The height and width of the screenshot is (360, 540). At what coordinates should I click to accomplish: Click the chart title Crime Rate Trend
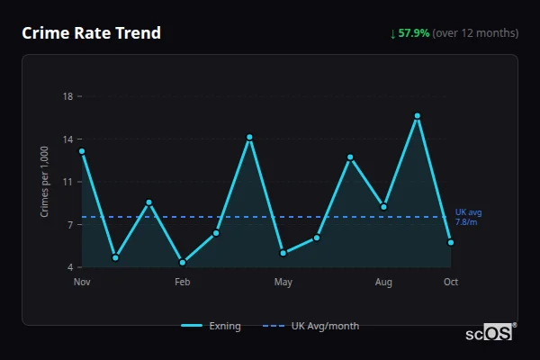click(x=91, y=33)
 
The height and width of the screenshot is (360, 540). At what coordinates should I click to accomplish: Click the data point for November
click(x=82, y=151)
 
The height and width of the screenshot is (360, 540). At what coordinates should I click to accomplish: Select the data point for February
click(x=183, y=262)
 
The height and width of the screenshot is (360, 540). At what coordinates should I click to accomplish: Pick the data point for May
click(x=283, y=253)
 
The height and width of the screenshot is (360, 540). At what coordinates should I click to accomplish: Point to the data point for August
click(x=383, y=207)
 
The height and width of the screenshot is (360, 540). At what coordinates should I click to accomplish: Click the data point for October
click(x=451, y=242)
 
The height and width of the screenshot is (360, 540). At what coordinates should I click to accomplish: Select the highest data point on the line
click(x=418, y=115)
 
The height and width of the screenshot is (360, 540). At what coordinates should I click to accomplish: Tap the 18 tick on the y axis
click(x=67, y=95)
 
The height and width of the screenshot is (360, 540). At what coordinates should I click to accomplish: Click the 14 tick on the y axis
click(x=67, y=139)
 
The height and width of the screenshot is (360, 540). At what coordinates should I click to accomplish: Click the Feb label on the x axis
click(x=183, y=283)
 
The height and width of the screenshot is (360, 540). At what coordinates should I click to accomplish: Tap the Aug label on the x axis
click(x=383, y=283)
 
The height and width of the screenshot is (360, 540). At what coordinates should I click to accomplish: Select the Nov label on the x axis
click(x=82, y=283)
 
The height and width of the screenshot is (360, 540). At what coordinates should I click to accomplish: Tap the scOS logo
click(x=490, y=333)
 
